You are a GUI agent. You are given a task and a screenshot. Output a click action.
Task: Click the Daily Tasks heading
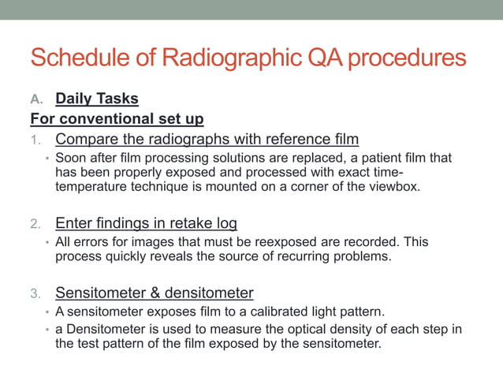coord(97,99)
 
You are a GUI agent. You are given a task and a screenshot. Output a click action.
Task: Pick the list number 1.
coord(35,140)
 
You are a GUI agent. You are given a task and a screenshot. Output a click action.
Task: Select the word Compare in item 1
coord(84,140)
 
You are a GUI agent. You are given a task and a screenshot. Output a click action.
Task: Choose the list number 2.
coord(35,223)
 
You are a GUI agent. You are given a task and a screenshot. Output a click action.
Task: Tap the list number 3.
coord(35,293)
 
